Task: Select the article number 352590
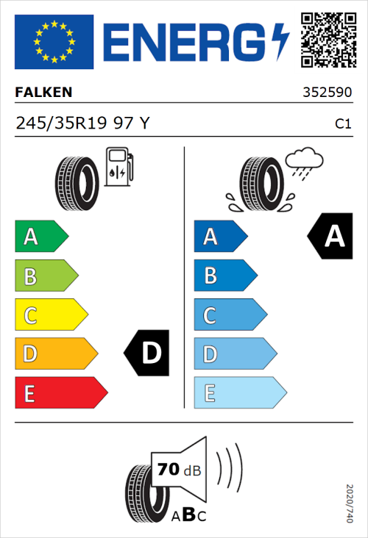coord(327,93)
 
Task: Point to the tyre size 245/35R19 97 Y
coord(82,123)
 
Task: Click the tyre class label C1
coord(342,124)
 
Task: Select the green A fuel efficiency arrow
coord(40,237)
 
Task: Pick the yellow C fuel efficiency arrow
coord(50,315)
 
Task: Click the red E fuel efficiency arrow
coord(60,393)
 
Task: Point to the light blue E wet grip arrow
coord(239,393)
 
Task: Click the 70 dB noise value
coord(176,470)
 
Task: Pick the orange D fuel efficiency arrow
coord(55,354)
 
